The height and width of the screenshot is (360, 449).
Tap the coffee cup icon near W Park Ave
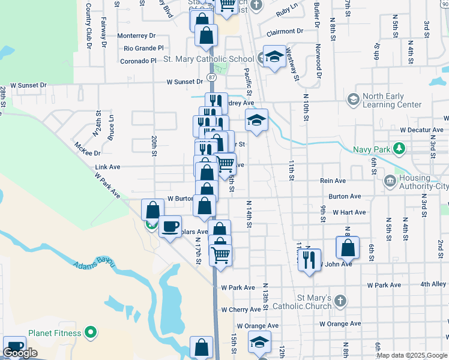pyautogui.click(x=170, y=226)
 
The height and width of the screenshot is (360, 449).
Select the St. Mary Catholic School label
pyautogui.click(x=209, y=59)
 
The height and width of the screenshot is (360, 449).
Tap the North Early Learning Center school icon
pyautogui.click(x=353, y=98)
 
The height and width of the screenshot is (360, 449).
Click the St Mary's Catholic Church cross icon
pyautogui.click(x=340, y=301)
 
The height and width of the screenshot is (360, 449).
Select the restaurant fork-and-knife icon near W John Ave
pyautogui.click(x=309, y=260)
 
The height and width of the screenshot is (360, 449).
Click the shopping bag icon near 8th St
pyautogui.click(x=348, y=247)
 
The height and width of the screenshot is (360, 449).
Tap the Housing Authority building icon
pyautogui.click(x=390, y=180)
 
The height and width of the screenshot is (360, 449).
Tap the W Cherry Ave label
pyautogui.click(x=241, y=310)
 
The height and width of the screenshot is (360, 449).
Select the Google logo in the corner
pyautogui.click(x=20, y=353)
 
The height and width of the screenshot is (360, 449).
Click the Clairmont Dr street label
pyautogui.click(x=285, y=31)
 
